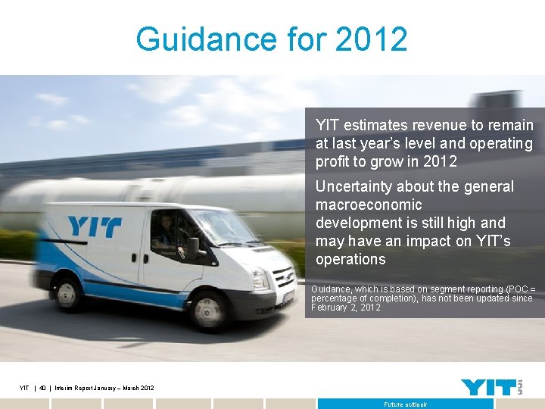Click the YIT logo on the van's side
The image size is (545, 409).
(x=94, y=226)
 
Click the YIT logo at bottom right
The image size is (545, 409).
(x=490, y=386)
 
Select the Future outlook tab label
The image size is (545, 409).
(x=405, y=404)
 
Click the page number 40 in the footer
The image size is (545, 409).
(x=43, y=389)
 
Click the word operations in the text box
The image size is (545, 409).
(x=350, y=259)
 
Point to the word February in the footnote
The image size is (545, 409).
(x=329, y=308)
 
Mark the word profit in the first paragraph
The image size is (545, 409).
(x=334, y=161)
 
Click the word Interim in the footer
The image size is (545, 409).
(x=67, y=389)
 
